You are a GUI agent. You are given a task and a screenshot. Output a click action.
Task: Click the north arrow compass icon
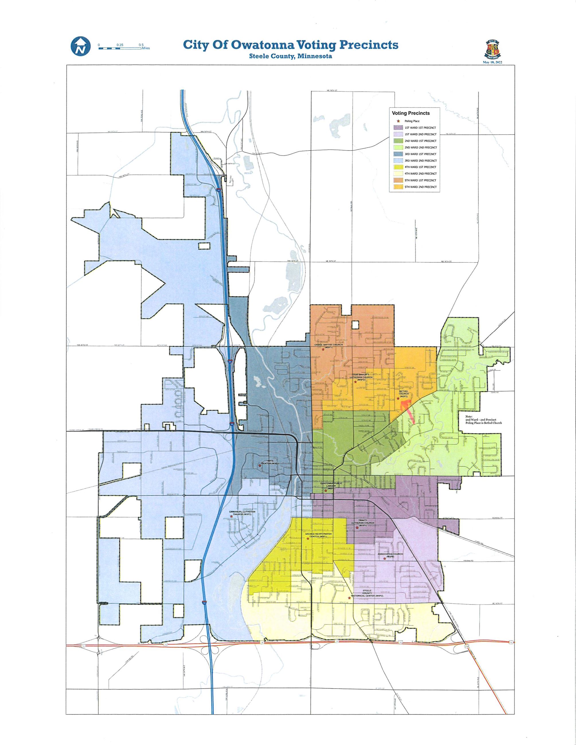[x=81, y=46]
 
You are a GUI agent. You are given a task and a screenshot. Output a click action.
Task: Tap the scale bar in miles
[x=120, y=48]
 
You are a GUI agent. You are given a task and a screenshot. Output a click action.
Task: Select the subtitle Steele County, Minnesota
[x=290, y=56]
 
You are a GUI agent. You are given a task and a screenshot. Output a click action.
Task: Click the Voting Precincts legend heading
[x=411, y=113]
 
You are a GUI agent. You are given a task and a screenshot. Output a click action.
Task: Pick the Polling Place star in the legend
[x=398, y=121]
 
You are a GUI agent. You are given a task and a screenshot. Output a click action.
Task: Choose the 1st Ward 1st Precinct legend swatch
[x=398, y=128]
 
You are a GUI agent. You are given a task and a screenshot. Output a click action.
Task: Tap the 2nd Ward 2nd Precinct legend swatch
[x=398, y=147]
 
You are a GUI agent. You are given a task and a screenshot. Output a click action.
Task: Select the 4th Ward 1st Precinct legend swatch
[x=398, y=167]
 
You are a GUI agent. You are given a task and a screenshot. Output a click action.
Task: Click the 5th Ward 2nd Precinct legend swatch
[x=398, y=187]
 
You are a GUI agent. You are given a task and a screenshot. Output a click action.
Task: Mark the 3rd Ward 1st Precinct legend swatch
[x=398, y=154]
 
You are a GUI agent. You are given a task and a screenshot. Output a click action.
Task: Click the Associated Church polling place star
[x=384, y=558]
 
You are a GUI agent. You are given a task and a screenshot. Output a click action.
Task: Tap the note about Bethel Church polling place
[x=483, y=420]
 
